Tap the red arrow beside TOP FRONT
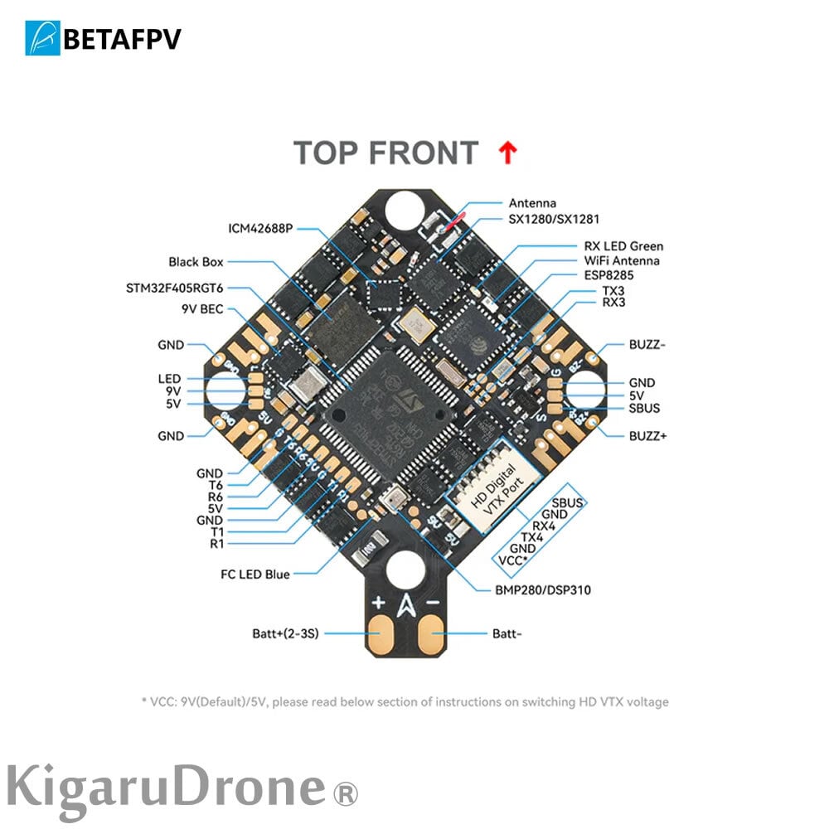tap(507, 153)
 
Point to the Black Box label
tap(196, 262)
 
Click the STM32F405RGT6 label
tap(172, 288)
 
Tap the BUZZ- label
tap(647, 344)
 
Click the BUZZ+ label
tap(647, 434)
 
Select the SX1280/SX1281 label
tap(553, 219)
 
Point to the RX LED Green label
tap(623, 246)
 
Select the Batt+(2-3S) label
tap(286, 633)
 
